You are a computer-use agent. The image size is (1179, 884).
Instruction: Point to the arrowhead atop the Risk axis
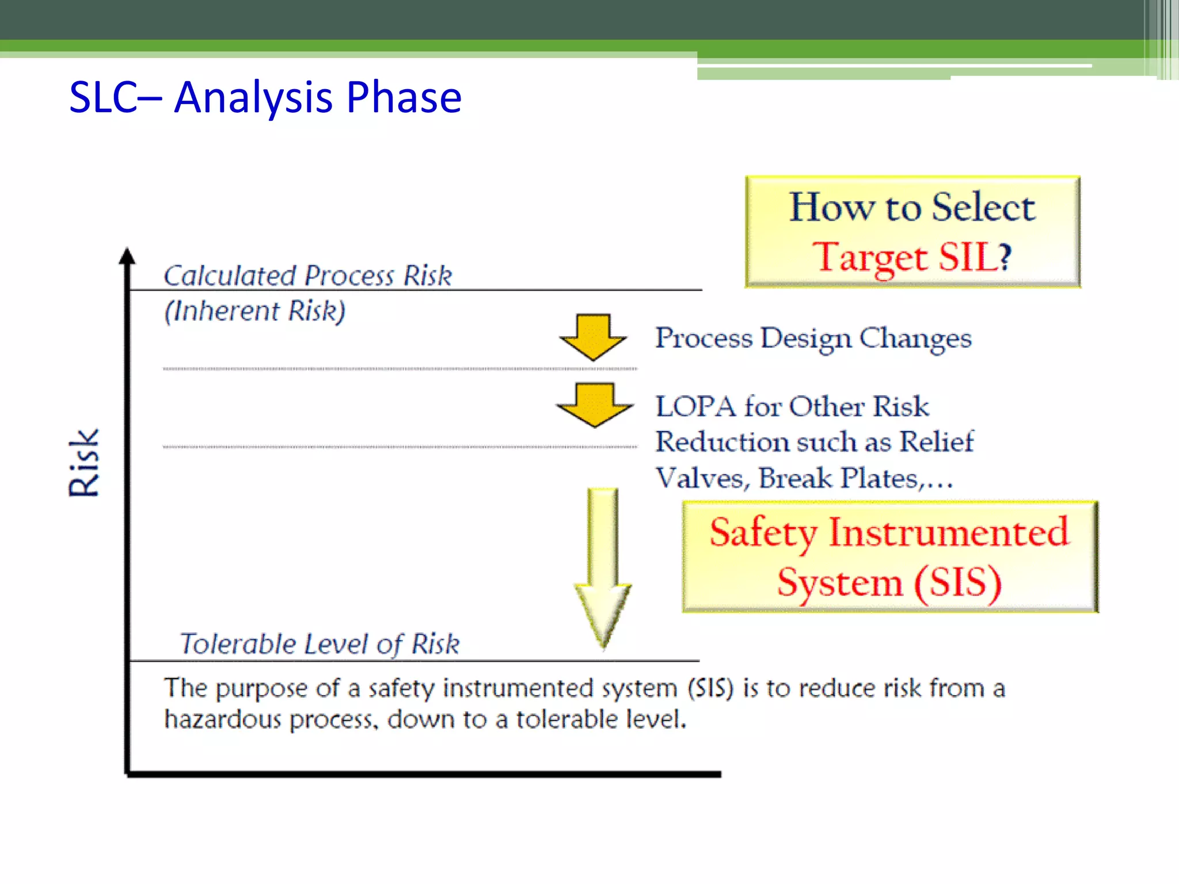click(x=127, y=256)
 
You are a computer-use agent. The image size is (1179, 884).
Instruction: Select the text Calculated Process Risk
click(x=308, y=276)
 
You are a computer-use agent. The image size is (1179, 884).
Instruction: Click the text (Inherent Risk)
click(x=255, y=311)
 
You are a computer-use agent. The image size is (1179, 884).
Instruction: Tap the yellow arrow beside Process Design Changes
click(x=593, y=337)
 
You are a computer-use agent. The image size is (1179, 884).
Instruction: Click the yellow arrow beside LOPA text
click(x=594, y=405)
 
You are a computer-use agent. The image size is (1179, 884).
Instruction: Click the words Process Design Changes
click(x=813, y=338)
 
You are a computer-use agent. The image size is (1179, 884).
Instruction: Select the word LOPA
click(x=695, y=406)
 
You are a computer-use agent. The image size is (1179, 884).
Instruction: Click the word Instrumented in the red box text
click(x=948, y=532)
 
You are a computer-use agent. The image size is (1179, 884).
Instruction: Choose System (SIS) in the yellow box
click(x=889, y=582)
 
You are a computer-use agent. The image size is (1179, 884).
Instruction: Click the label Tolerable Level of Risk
click(x=320, y=643)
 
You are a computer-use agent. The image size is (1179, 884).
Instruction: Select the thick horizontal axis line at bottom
click(x=424, y=774)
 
